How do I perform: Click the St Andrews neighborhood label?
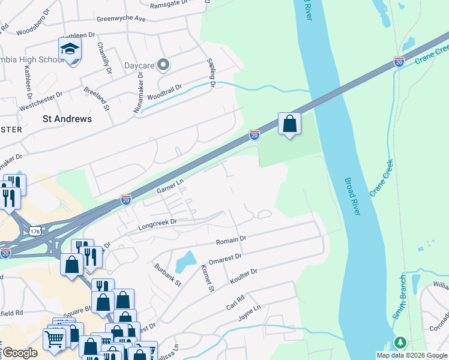click(x=67, y=119)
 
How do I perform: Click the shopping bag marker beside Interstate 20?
click(x=289, y=124)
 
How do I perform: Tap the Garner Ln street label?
click(x=169, y=187)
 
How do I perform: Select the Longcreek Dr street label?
click(x=158, y=224)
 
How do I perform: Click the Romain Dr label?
click(x=231, y=241)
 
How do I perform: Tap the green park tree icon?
click(x=400, y=343)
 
